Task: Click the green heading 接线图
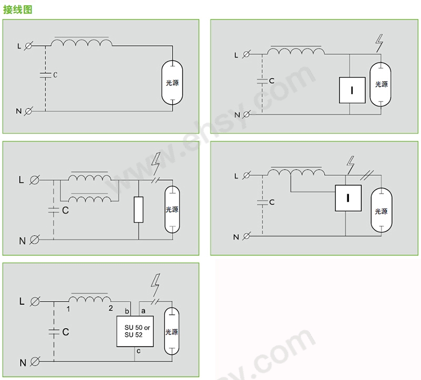click(17, 9)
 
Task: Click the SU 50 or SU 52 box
click(135, 331)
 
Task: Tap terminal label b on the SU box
click(127, 311)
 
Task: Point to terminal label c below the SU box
click(138, 351)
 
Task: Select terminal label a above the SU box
click(143, 311)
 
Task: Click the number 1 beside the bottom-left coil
click(68, 309)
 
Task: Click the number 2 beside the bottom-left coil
click(111, 308)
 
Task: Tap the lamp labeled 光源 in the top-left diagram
click(172, 83)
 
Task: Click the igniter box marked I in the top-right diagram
click(352, 90)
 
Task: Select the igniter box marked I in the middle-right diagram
click(348, 198)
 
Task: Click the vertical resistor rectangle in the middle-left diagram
click(138, 210)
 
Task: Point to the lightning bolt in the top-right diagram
click(379, 43)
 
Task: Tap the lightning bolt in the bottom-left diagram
click(155, 284)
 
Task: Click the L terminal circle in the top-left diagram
click(28, 46)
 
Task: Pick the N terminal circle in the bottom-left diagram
click(34, 362)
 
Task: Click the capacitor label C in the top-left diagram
click(55, 75)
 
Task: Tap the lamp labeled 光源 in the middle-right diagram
click(381, 211)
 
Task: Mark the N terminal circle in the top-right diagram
click(246, 115)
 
